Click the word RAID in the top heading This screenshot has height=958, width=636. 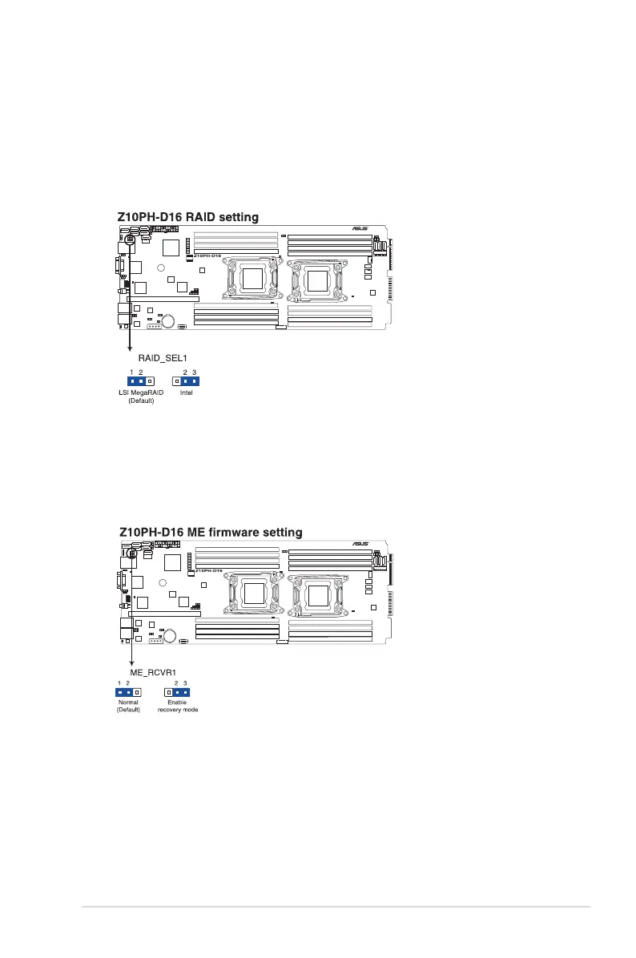pyautogui.click(x=203, y=216)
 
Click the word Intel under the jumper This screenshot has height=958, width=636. pyautogui.click(x=186, y=392)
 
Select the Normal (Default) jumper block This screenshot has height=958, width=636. pyautogui.click(x=128, y=691)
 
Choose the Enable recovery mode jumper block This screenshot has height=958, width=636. pyautogui.click(x=177, y=691)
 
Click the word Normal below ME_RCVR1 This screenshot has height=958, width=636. pyautogui.click(x=128, y=702)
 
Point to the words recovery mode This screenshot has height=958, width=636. pyautogui.click(x=177, y=710)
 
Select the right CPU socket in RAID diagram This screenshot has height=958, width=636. pyautogui.click(x=319, y=280)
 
